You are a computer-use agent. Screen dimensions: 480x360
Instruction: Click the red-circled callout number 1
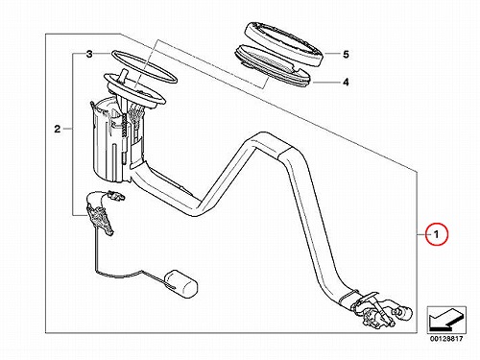[437, 234]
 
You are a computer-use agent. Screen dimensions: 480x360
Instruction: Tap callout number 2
[57, 129]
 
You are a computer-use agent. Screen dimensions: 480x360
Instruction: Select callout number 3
[89, 54]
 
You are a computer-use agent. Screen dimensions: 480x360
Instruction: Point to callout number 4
[346, 83]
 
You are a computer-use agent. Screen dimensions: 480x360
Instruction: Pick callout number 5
[346, 55]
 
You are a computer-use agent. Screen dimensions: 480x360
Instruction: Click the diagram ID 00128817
[446, 338]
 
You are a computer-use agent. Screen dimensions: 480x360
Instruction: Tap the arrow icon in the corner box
[446, 320]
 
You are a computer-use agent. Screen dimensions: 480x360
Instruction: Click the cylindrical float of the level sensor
[181, 282]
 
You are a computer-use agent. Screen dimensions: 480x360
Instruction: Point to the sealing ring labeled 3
[144, 66]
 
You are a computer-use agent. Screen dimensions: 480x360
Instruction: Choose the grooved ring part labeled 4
[273, 65]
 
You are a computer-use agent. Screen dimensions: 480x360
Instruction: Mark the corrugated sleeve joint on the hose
[286, 152]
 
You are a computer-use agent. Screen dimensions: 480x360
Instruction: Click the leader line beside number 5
[332, 54]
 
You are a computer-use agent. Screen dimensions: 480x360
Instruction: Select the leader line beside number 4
[326, 83]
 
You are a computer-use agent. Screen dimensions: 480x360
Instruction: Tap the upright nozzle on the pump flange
[122, 77]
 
